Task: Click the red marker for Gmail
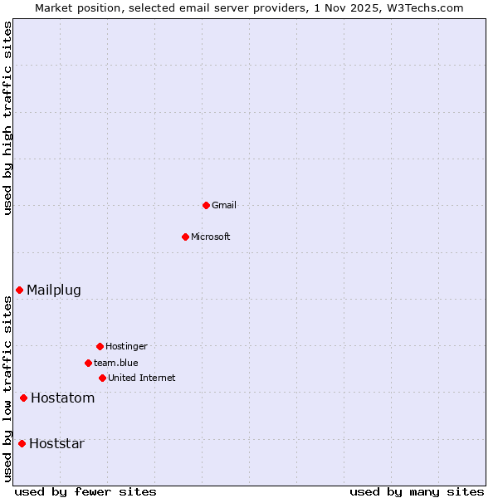tap(206, 205)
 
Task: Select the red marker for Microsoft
tap(186, 237)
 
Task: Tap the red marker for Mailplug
tap(19, 290)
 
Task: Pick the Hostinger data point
tap(100, 346)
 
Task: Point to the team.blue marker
tap(88, 363)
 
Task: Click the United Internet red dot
tap(102, 378)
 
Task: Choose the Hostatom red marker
tap(23, 398)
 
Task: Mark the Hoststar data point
tap(22, 443)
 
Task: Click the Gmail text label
tap(224, 205)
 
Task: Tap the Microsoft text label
tap(211, 237)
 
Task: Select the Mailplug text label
tap(54, 290)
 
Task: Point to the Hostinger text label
tap(126, 346)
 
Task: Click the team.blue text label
tap(116, 363)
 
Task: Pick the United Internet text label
tap(142, 378)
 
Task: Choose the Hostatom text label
tap(63, 398)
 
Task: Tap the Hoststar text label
tap(56, 443)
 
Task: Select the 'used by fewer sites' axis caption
tap(85, 491)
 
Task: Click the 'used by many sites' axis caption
tap(417, 491)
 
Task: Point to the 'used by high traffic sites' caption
tap(7, 119)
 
